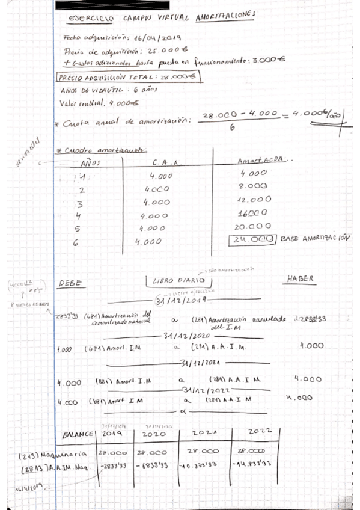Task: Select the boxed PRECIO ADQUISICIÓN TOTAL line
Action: tap(129, 77)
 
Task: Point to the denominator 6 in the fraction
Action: tap(232, 127)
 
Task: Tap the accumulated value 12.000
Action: tap(255, 199)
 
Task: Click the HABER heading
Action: tap(300, 280)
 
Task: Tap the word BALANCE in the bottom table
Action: tap(78, 435)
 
